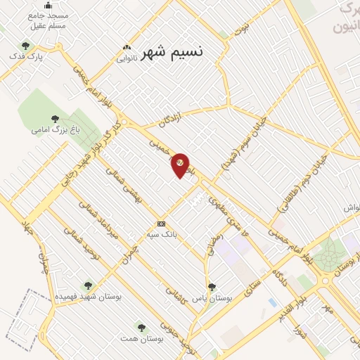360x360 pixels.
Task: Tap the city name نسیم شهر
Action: coord(172,53)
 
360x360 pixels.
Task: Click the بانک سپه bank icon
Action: coord(162,224)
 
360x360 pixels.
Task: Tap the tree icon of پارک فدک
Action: coord(25,46)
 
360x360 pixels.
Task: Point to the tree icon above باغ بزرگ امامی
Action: coord(55,119)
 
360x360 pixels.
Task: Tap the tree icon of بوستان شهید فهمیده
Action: coord(87,285)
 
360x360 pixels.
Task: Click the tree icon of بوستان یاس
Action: coord(212,287)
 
